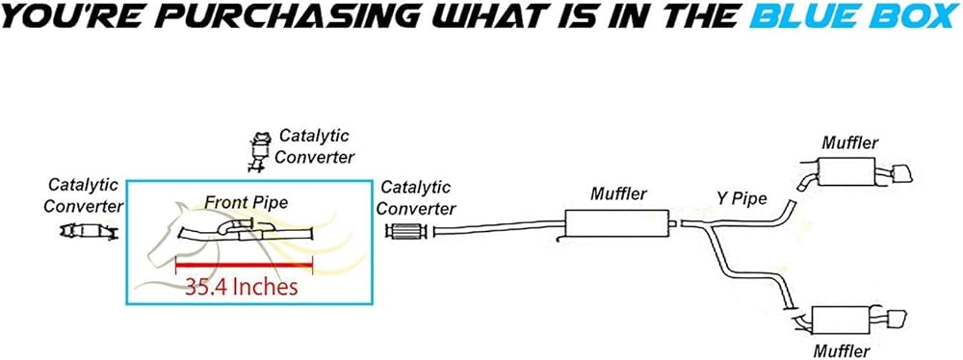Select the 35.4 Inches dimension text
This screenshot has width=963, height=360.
tap(242, 286)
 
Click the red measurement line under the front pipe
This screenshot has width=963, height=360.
tap(245, 266)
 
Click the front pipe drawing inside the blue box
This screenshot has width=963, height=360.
tap(246, 229)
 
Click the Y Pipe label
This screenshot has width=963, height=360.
tap(742, 199)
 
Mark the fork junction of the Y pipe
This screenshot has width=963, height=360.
tap(710, 227)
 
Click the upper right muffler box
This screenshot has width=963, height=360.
tap(846, 170)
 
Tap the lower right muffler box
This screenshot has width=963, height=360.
tap(841, 321)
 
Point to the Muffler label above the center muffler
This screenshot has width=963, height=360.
tap(618, 194)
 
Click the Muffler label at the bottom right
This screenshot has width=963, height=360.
tap(841, 351)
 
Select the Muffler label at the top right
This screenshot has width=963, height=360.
tap(850, 143)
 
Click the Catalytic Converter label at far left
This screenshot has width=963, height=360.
tap(84, 194)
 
